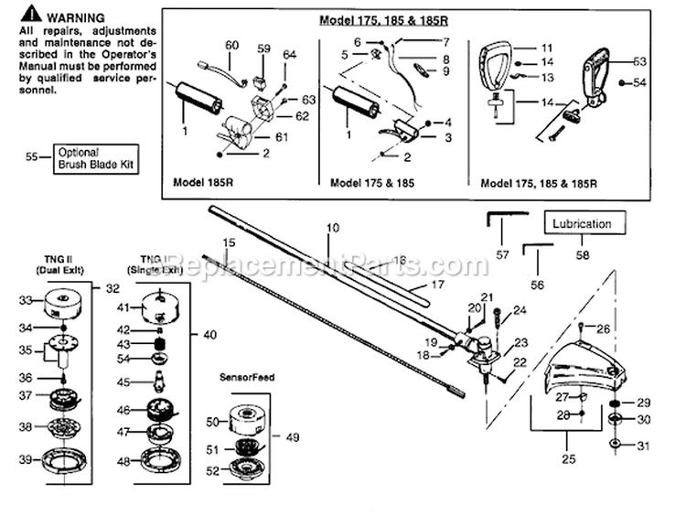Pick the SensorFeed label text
tap(240, 377)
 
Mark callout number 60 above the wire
tap(230, 46)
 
